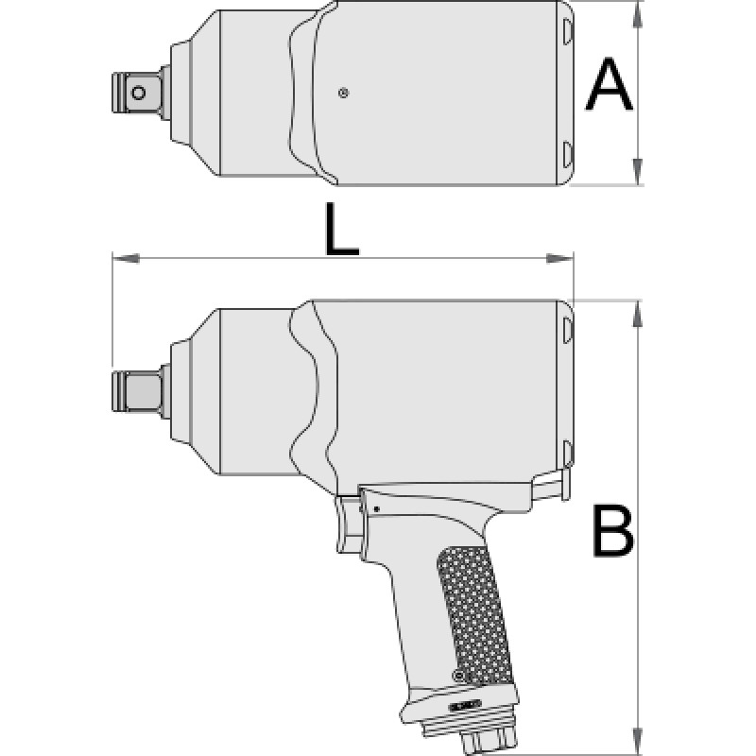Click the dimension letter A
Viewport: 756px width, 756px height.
click(x=609, y=84)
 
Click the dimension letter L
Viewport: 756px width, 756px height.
click(x=341, y=229)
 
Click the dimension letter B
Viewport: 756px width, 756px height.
click(x=612, y=531)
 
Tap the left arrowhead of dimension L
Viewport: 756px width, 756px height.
click(x=126, y=258)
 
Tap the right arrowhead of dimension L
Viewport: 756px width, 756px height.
click(x=559, y=258)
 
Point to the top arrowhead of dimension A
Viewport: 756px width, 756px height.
click(x=637, y=14)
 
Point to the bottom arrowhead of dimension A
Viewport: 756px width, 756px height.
click(x=637, y=171)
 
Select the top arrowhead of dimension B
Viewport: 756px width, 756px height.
click(x=637, y=314)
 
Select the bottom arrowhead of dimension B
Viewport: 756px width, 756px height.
click(x=637, y=742)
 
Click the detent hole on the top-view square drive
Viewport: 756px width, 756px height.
click(x=138, y=93)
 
